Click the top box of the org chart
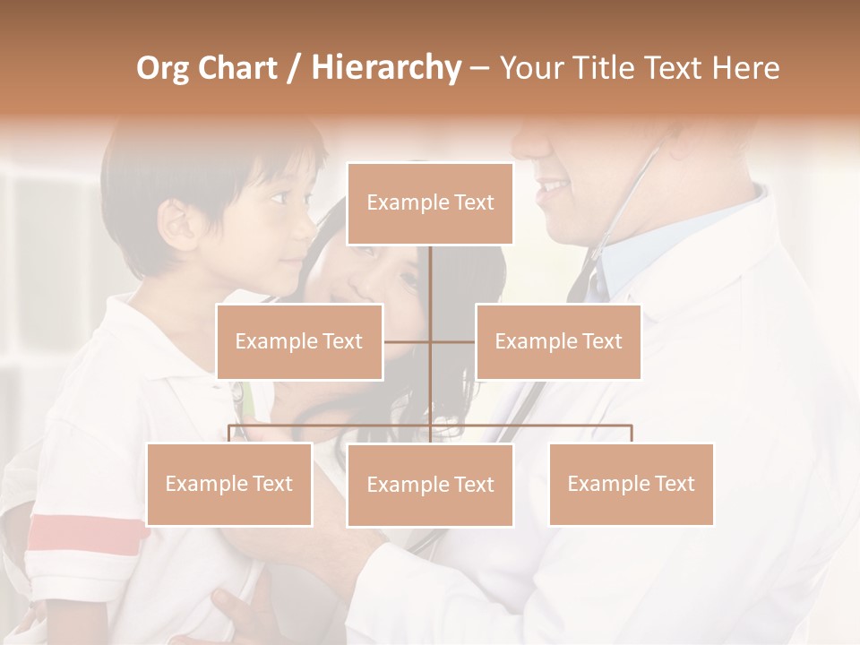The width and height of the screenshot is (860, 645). [x=430, y=203]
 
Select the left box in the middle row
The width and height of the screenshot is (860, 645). [x=299, y=341]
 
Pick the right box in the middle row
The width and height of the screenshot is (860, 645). [x=558, y=341]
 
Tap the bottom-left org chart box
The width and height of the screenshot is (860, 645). [x=229, y=484]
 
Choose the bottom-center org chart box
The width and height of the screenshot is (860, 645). [x=430, y=485]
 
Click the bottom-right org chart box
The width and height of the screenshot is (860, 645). [x=631, y=484]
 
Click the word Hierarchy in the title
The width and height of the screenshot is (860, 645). [x=386, y=68]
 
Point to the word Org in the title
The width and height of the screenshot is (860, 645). [x=163, y=68]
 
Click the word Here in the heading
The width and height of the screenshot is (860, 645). [x=745, y=68]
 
